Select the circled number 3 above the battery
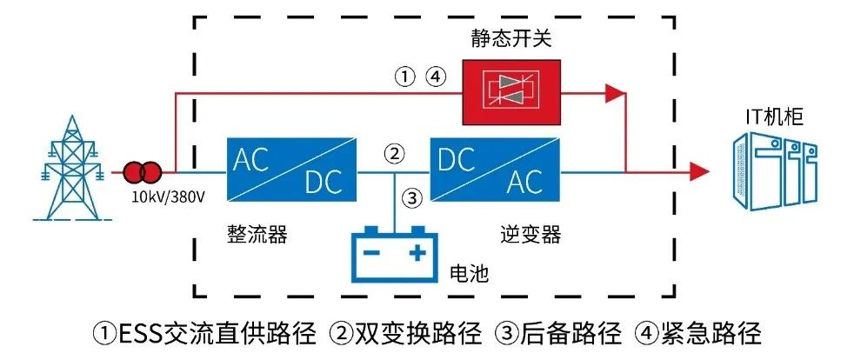tap(414, 197)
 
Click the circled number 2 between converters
tap(395, 155)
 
